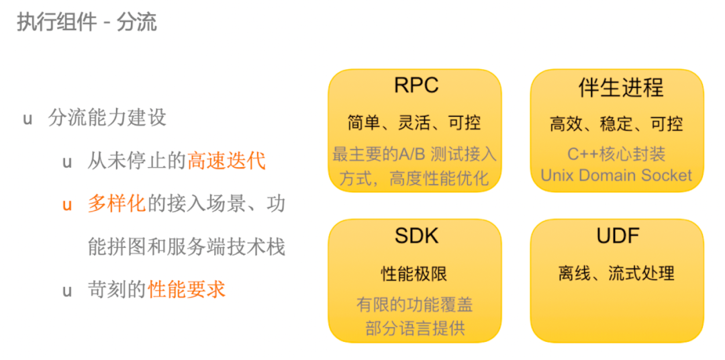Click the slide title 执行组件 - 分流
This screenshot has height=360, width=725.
[87, 22]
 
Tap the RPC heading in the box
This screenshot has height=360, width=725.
[416, 85]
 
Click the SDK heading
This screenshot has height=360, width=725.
[416, 236]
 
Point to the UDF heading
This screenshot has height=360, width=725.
[618, 236]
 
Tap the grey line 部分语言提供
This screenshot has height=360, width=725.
[415, 328]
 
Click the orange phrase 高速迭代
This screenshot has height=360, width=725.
[227, 161]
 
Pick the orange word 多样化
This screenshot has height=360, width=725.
[117, 204]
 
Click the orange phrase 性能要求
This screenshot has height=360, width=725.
[187, 289]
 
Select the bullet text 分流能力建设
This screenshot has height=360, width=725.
[107, 118]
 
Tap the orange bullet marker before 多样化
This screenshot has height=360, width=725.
[68, 205]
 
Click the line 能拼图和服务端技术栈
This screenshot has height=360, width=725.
[187, 246]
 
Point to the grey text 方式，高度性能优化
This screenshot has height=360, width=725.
[414, 178]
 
